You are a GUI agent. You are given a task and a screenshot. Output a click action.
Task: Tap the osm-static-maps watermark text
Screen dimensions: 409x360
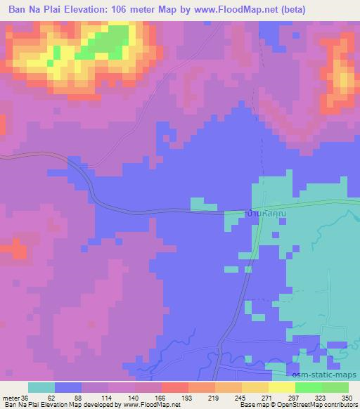pos(328,376)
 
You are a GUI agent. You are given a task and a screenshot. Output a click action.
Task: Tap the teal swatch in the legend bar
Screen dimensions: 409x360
pos(41,387)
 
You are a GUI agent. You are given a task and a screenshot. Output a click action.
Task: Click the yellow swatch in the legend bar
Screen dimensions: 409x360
pos(282,387)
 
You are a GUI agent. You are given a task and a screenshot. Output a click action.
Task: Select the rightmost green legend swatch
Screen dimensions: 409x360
pos(335,387)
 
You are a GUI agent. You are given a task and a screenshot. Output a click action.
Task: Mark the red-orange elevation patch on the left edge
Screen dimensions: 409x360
pos(14,249)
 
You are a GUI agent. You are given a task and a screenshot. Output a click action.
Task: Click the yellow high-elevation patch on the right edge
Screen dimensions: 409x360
pos(345,81)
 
